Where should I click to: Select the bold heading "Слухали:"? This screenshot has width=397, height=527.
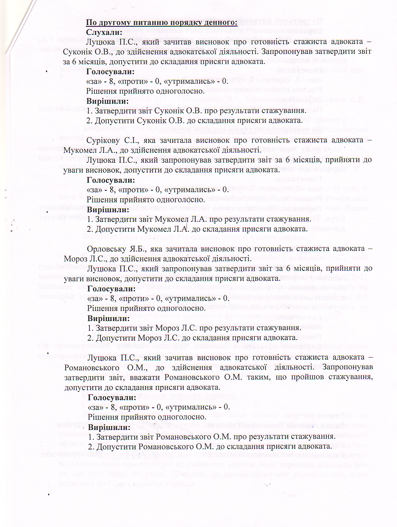pyautogui.click(x=104, y=32)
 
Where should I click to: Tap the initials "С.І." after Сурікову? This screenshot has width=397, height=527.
pyautogui.click(x=133, y=140)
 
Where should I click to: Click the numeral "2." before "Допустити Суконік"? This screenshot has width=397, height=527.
pyautogui.click(x=89, y=120)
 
